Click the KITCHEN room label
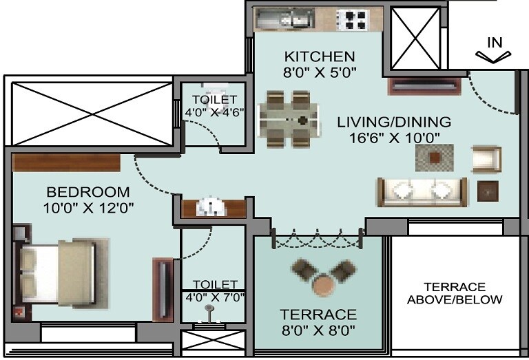pos(320,56)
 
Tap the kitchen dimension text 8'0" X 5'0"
pos(320,71)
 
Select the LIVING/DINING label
pos(394,122)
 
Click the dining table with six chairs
pos(289,121)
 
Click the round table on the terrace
pos(322,283)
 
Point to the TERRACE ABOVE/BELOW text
pos(455,293)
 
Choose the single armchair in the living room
pos(486,159)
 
